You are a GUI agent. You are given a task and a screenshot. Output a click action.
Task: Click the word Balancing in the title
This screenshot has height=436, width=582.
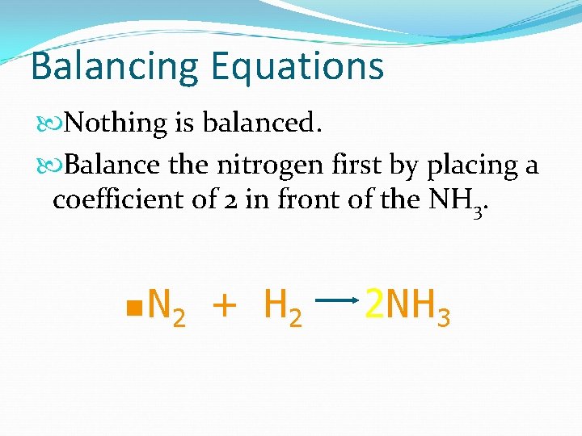(x=114, y=66)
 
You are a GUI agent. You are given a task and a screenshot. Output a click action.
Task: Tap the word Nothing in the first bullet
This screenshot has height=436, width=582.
(x=116, y=124)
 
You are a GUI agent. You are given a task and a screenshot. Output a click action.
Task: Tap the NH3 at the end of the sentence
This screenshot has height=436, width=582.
(x=458, y=200)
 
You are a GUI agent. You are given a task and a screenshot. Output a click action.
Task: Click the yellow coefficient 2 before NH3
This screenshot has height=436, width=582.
(x=374, y=305)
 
